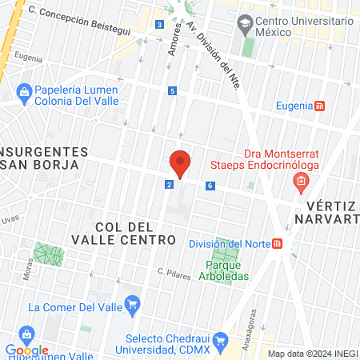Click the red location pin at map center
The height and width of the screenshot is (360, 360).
click(x=180, y=162)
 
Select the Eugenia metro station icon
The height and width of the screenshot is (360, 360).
click(x=320, y=106)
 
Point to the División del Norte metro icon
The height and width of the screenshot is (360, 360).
click(x=277, y=244)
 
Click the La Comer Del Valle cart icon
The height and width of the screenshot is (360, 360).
click(x=133, y=304)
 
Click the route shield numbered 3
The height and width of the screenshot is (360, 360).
click(x=160, y=25)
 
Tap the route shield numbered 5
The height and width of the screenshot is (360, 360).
click(x=172, y=91)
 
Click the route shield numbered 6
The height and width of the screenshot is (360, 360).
click(x=210, y=186)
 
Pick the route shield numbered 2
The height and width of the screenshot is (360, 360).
click(x=170, y=185)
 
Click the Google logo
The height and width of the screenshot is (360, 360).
click(x=26, y=350)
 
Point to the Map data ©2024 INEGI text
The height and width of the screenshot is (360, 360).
click(x=311, y=354)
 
